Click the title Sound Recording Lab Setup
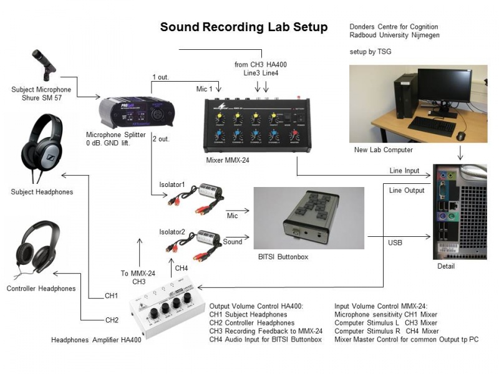[x=244, y=27]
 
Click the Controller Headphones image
[x=41, y=249]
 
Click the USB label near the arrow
[x=395, y=242]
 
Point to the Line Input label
[x=405, y=171]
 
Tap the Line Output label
[x=407, y=191]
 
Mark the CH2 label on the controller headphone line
[x=112, y=320]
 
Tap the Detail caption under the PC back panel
[x=445, y=267]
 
